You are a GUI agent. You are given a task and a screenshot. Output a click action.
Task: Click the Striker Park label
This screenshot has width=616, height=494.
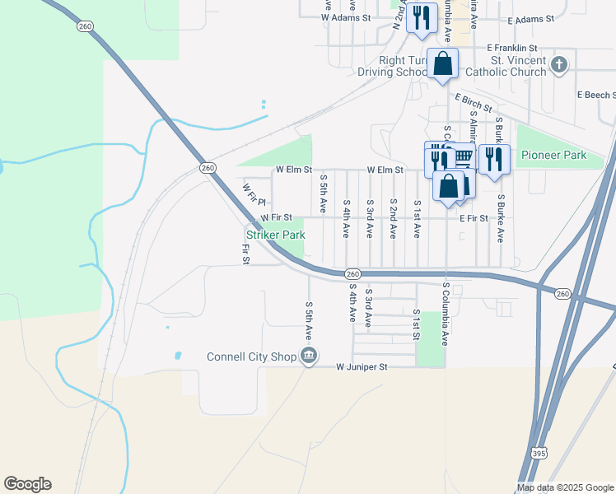click(275, 235)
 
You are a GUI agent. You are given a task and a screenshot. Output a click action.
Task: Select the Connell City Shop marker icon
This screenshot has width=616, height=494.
click(308, 356)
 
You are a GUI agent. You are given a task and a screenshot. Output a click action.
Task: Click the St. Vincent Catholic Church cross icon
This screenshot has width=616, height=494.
click(559, 65)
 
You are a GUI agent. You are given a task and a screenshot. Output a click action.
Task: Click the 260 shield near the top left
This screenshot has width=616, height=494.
click(85, 26)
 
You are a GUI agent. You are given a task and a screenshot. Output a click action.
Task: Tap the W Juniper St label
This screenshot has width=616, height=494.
click(361, 367)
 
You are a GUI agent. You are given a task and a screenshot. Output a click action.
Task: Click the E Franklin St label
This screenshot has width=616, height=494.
click(511, 49)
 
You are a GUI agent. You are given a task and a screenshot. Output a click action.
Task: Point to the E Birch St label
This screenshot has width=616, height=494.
click(473, 102)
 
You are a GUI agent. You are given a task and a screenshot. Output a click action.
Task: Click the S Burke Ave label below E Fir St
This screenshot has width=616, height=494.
click(500, 218)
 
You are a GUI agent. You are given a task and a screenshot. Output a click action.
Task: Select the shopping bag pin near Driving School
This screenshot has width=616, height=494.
click(443, 63)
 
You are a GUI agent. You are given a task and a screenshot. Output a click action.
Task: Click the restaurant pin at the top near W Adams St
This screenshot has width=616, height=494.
click(422, 16)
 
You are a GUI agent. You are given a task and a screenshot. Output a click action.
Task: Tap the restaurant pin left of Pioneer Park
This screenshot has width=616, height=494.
click(493, 158)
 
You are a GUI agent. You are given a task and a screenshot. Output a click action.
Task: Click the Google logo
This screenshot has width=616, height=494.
click(27, 484)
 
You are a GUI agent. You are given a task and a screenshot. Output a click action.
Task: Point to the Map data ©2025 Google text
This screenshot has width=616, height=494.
click(564, 487)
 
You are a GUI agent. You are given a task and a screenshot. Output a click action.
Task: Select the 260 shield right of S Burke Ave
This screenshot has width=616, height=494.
click(562, 293)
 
